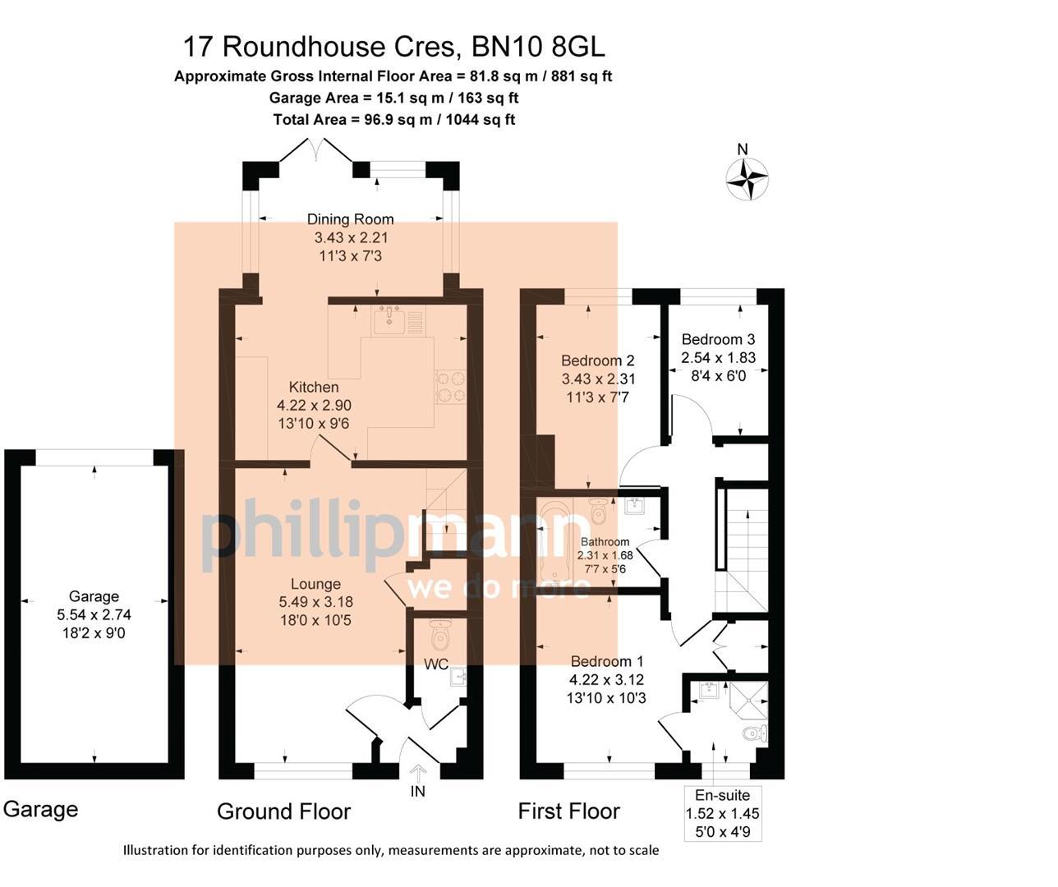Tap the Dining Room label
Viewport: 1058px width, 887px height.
(x=350, y=219)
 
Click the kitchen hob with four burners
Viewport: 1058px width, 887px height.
(x=450, y=387)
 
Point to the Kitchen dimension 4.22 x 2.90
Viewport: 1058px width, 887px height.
(x=314, y=405)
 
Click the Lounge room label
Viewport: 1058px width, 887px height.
(x=315, y=584)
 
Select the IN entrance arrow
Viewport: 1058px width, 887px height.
(x=418, y=774)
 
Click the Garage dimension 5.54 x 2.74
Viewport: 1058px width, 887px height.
(x=94, y=614)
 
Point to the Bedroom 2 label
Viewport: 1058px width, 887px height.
(x=597, y=361)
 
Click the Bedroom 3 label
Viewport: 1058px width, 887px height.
(x=718, y=339)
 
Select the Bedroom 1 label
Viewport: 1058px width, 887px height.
(x=607, y=661)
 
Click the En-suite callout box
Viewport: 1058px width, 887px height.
(x=723, y=813)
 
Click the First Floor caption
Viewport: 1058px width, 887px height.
(x=568, y=811)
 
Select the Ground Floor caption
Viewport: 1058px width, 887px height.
(x=283, y=811)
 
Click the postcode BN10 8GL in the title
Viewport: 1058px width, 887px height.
(x=538, y=47)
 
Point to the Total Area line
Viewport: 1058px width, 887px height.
(x=393, y=119)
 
